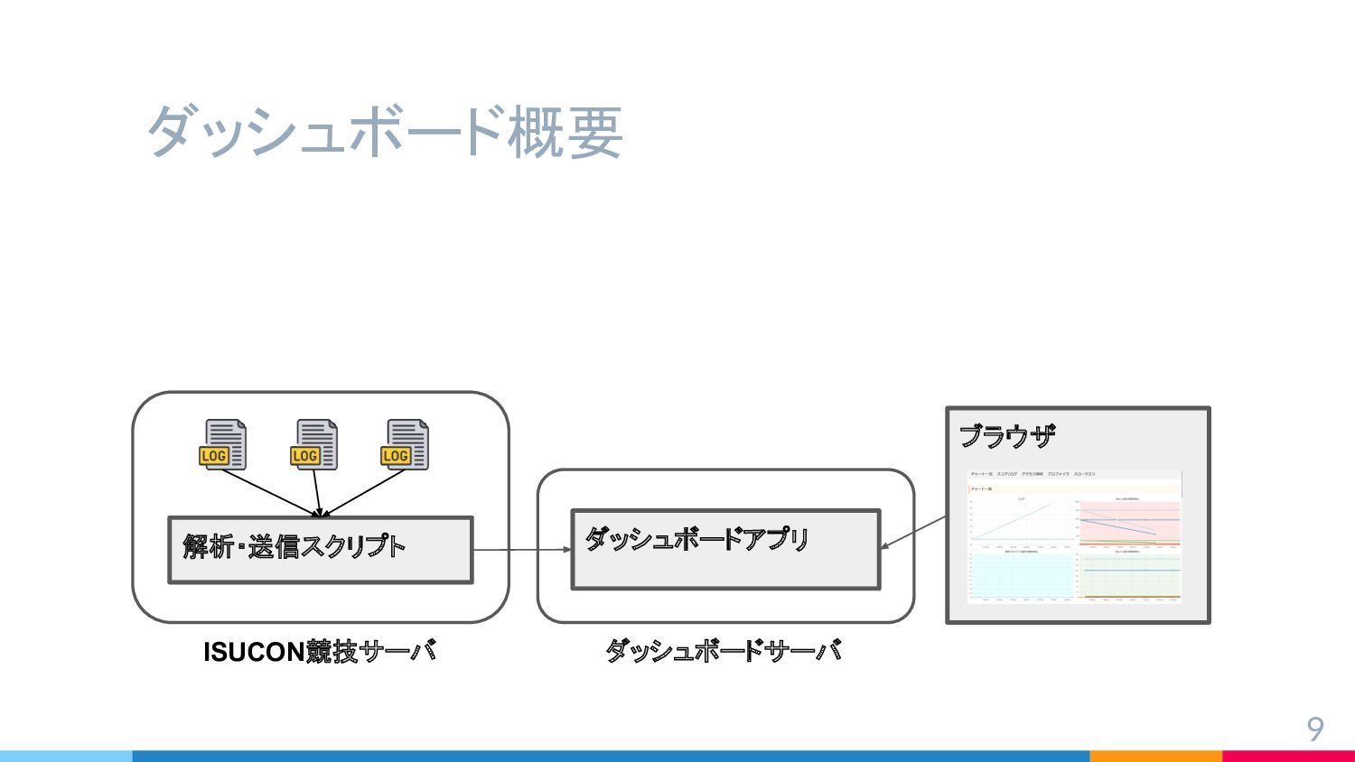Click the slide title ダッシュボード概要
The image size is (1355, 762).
[x=384, y=132]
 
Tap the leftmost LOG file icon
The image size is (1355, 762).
[x=223, y=444]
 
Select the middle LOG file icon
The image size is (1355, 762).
[x=314, y=444]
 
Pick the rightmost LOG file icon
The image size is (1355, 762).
[x=405, y=444]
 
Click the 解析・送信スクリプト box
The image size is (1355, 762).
[x=320, y=549]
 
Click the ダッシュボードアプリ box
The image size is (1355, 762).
[x=725, y=549]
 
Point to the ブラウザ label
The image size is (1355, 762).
[x=1006, y=437]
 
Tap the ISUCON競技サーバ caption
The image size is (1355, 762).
[x=320, y=651]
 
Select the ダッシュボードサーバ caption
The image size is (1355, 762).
[x=724, y=651]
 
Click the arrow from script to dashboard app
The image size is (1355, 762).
[x=522, y=549]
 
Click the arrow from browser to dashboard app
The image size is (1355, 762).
[x=913, y=532]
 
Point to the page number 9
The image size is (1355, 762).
[x=1315, y=729]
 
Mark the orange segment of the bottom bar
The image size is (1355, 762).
[x=1155, y=756]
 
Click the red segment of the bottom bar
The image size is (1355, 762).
[x=1288, y=756]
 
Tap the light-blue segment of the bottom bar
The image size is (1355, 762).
[x=66, y=756]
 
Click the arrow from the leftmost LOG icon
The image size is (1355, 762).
[x=269, y=493]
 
